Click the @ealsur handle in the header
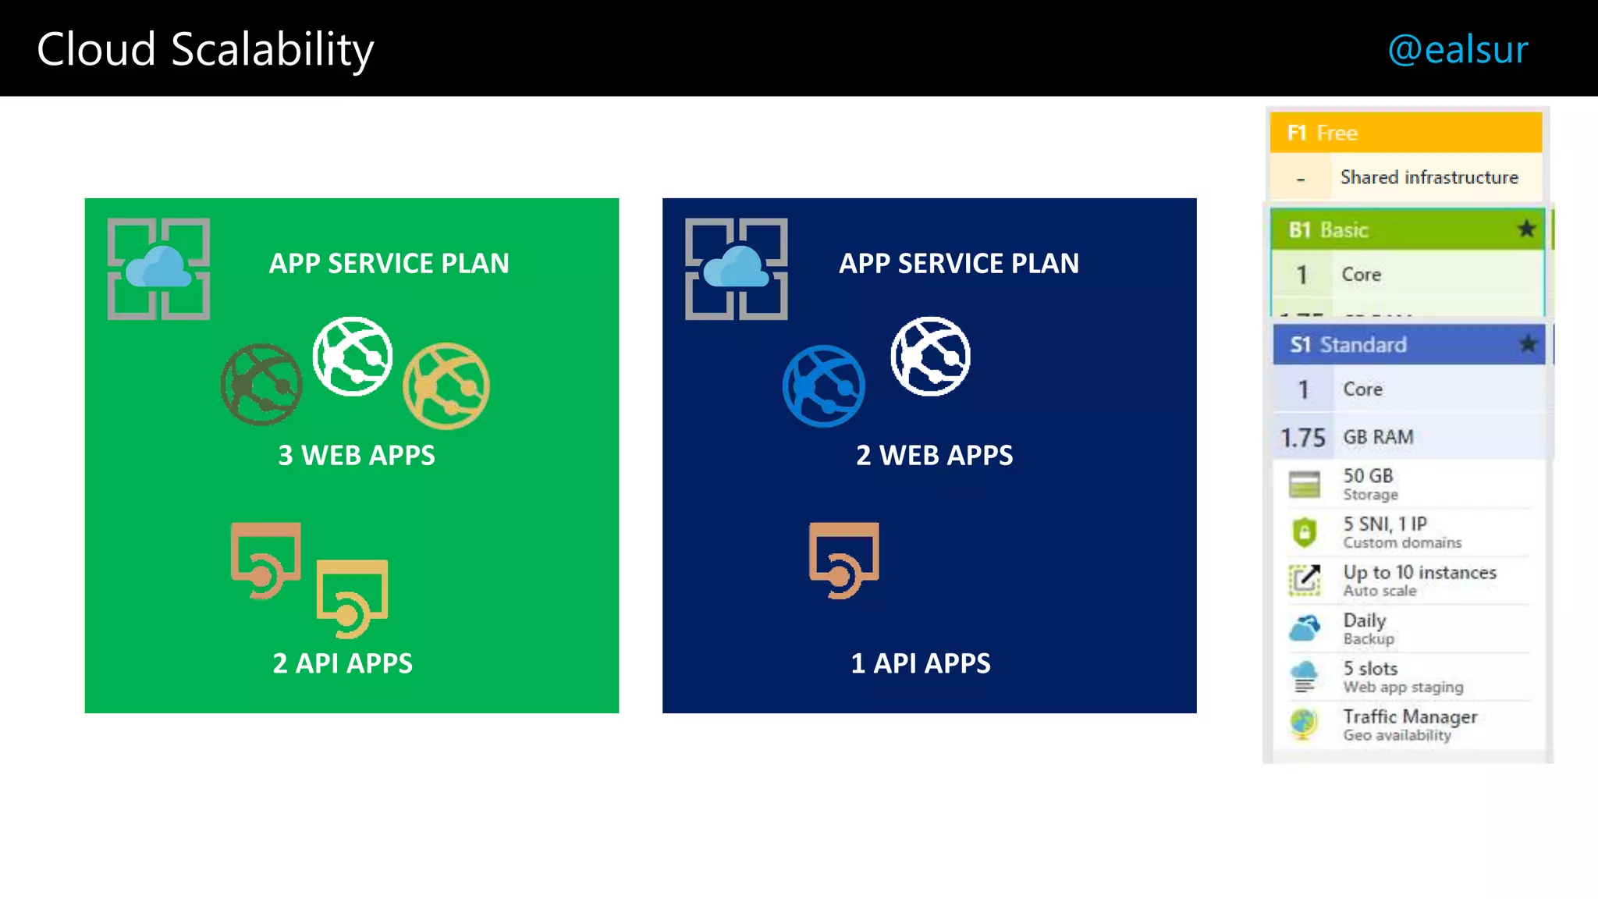[1457, 50]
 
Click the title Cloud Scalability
[205, 50]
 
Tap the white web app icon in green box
[353, 356]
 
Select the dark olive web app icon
[261, 384]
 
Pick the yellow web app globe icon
[446, 386]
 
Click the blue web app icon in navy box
[824, 386]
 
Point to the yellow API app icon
[352, 598]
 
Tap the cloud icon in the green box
[158, 268]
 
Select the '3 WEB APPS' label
[357, 455]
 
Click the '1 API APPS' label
[921, 663]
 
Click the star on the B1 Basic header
[1526, 229]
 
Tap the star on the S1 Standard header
[1528, 343]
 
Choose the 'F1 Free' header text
[1323, 133]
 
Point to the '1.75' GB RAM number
[1302, 438]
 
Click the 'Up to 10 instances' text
[1419, 572]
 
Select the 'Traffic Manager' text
[1410, 716]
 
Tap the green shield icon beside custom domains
[1305, 532]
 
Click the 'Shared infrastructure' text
[1429, 177]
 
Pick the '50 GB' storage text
[1368, 475]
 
